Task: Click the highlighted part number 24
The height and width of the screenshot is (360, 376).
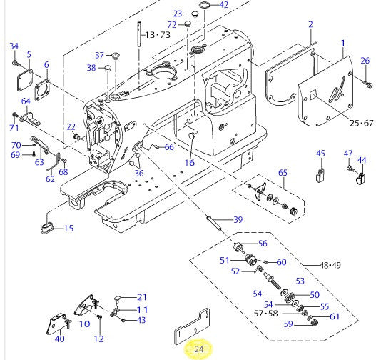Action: coord(199,349)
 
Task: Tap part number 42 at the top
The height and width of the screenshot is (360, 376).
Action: coord(224,5)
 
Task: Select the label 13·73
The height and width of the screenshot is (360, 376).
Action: coord(158,35)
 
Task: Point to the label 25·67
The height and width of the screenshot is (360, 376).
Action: coord(361,124)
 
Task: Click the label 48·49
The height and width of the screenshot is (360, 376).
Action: coord(330,265)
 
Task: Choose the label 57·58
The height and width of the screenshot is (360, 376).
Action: coord(265,313)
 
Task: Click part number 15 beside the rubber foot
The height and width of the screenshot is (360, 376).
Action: coord(68,229)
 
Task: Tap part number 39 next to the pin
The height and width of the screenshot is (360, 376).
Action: coord(238,219)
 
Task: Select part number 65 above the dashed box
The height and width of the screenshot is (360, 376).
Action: coord(283,173)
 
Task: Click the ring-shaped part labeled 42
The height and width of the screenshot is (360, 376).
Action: coord(204,4)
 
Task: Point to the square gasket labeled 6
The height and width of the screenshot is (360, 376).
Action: coord(43,90)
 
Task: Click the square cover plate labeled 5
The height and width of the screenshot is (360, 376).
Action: coord(25,80)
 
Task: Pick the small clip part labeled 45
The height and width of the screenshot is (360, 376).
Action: coord(320,176)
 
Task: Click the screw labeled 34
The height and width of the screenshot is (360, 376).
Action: coord(15,63)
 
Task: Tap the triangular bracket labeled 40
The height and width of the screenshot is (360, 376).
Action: coord(58,324)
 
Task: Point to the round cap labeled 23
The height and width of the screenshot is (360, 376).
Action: coord(195,14)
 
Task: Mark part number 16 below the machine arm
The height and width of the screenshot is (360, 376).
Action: coord(190,163)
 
